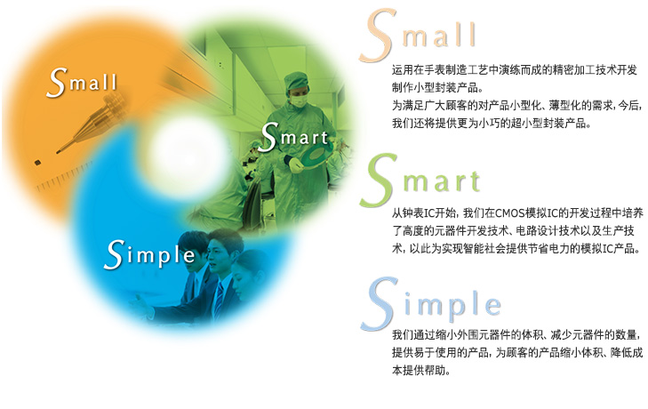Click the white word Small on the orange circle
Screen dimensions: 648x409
[82, 83]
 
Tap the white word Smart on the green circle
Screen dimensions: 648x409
[293, 137]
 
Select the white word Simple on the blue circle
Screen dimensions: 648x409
[149, 255]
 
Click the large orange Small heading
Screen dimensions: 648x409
[418, 36]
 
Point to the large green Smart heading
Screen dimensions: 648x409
[420, 180]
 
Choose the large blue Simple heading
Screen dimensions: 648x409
[431, 304]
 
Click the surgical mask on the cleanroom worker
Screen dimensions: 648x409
[299, 100]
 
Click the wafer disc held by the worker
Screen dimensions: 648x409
[316, 155]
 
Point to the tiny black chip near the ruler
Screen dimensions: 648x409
[37, 163]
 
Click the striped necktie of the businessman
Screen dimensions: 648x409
[219, 300]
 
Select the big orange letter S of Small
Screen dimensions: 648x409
[376, 36]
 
